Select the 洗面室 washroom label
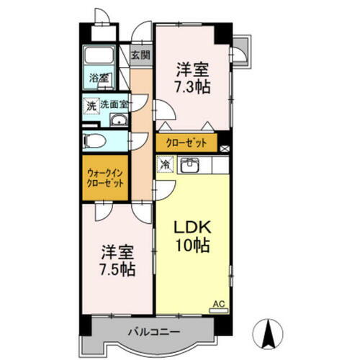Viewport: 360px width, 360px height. pyautogui.click(x=114, y=104)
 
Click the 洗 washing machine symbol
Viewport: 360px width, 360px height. pyautogui.click(x=91, y=105)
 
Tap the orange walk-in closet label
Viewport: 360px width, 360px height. pyautogui.click(x=105, y=178)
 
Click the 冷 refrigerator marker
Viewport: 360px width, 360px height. pyautogui.click(x=165, y=164)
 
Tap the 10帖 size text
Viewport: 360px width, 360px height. pyautogui.click(x=192, y=246)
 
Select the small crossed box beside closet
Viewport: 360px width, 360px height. pyautogui.click(x=224, y=149)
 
